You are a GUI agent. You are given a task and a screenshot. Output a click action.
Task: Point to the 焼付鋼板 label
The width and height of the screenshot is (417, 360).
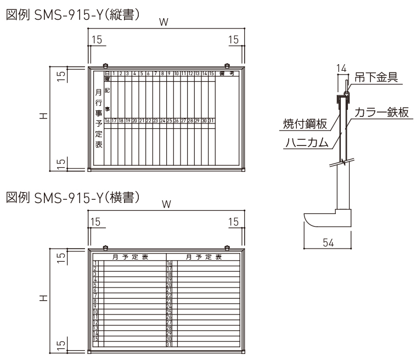tap(306, 125)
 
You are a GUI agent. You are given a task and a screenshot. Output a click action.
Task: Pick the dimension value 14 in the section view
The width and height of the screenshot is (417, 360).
tap(341, 68)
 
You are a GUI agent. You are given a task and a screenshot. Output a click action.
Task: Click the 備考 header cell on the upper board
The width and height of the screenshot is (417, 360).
tap(227, 74)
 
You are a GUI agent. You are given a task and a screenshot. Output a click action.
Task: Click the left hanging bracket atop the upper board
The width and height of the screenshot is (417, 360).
tap(106, 65)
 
